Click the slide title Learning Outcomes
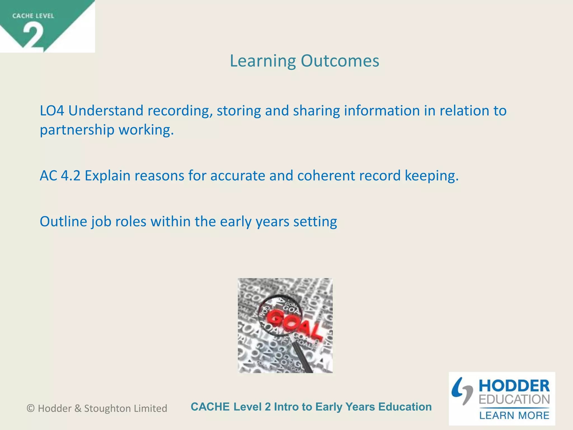tap(304, 61)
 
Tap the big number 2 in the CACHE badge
tap(33, 36)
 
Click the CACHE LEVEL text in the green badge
tap(33, 16)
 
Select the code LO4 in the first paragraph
tap(52, 111)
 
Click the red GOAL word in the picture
tap(291, 323)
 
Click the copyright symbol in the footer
tap(30, 408)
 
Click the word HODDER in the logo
tap(514, 386)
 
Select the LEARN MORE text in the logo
tap(514, 415)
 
